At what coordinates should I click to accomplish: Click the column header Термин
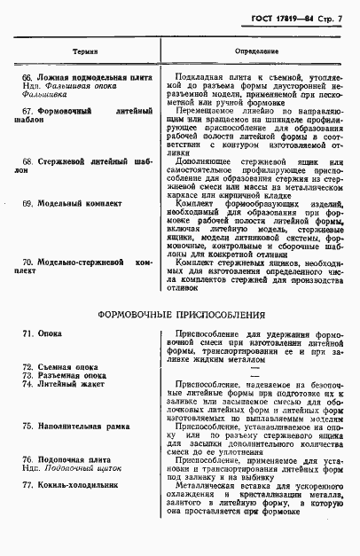(85, 52)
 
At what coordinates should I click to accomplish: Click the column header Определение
(256, 52)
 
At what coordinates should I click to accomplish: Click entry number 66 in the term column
(27, 79)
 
